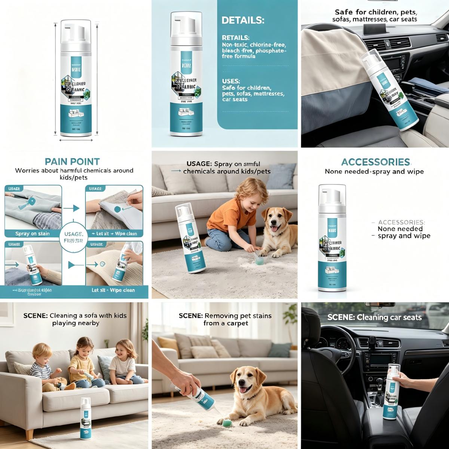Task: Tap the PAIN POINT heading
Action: coord(72,162)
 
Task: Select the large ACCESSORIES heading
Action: coord(375,162)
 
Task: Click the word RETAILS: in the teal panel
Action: coord(236,38)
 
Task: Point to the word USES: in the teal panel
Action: coord(231,81)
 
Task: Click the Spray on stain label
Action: coord(33,234)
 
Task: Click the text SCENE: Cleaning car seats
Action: coord(374,317)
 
